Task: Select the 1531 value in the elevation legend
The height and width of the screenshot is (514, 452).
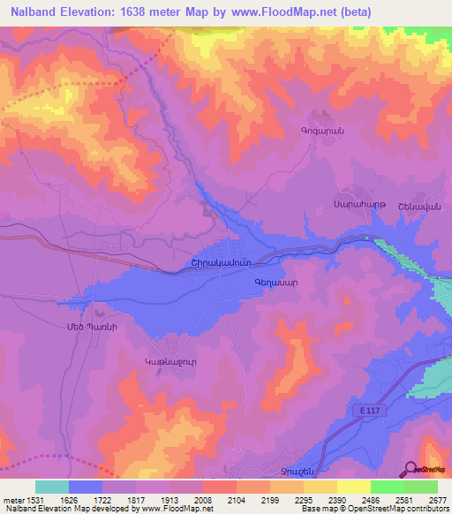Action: point(35,499)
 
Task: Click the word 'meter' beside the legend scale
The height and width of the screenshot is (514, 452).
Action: point(12,499)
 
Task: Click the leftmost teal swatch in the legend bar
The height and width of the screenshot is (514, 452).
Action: point(52,487)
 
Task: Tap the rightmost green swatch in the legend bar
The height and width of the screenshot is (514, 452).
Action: point(420,487)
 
